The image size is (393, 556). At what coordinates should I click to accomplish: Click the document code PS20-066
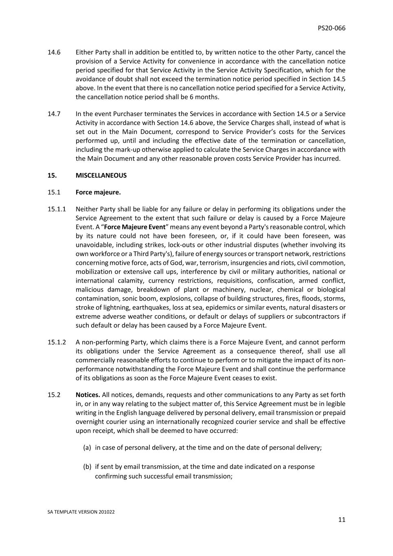pyautogui.click(x=331, y=28)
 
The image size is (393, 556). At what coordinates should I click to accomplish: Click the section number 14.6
pyautogui.click(x=54, y=52)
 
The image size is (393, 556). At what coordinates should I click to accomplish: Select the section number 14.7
pyautogui.click(x=54, y=114)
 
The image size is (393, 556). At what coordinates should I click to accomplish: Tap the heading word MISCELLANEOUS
pyautogui.click(x=101, y=176)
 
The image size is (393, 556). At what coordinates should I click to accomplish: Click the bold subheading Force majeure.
pyautogui.click(x=98, y=192)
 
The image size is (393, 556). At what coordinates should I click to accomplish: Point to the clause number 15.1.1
pyautogui.click(x=57, y=209)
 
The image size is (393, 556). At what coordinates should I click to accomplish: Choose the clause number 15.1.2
pyautogui.click(x=57, y=342)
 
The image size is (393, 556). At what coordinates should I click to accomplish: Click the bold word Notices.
pyautogui.click(x=88, y=395)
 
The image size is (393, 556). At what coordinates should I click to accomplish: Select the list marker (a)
pyautogui.click(x=87, y=447)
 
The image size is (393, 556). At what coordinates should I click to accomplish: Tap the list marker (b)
pyautogui.click(x=87, y=466)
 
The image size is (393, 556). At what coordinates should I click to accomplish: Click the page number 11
pyautogui.click(x=341, y=520)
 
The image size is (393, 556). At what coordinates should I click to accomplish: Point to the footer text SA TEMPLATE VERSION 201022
pyautogui.click(x=81, y=512)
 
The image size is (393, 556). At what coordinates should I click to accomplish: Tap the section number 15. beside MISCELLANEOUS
pyautogui.click(x=52, y=176)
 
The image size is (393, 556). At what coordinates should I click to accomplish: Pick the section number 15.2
pyautogui.click(x=54, y=395)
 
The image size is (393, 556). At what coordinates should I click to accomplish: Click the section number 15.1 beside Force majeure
pyautogui.click(x=54, y=192)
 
